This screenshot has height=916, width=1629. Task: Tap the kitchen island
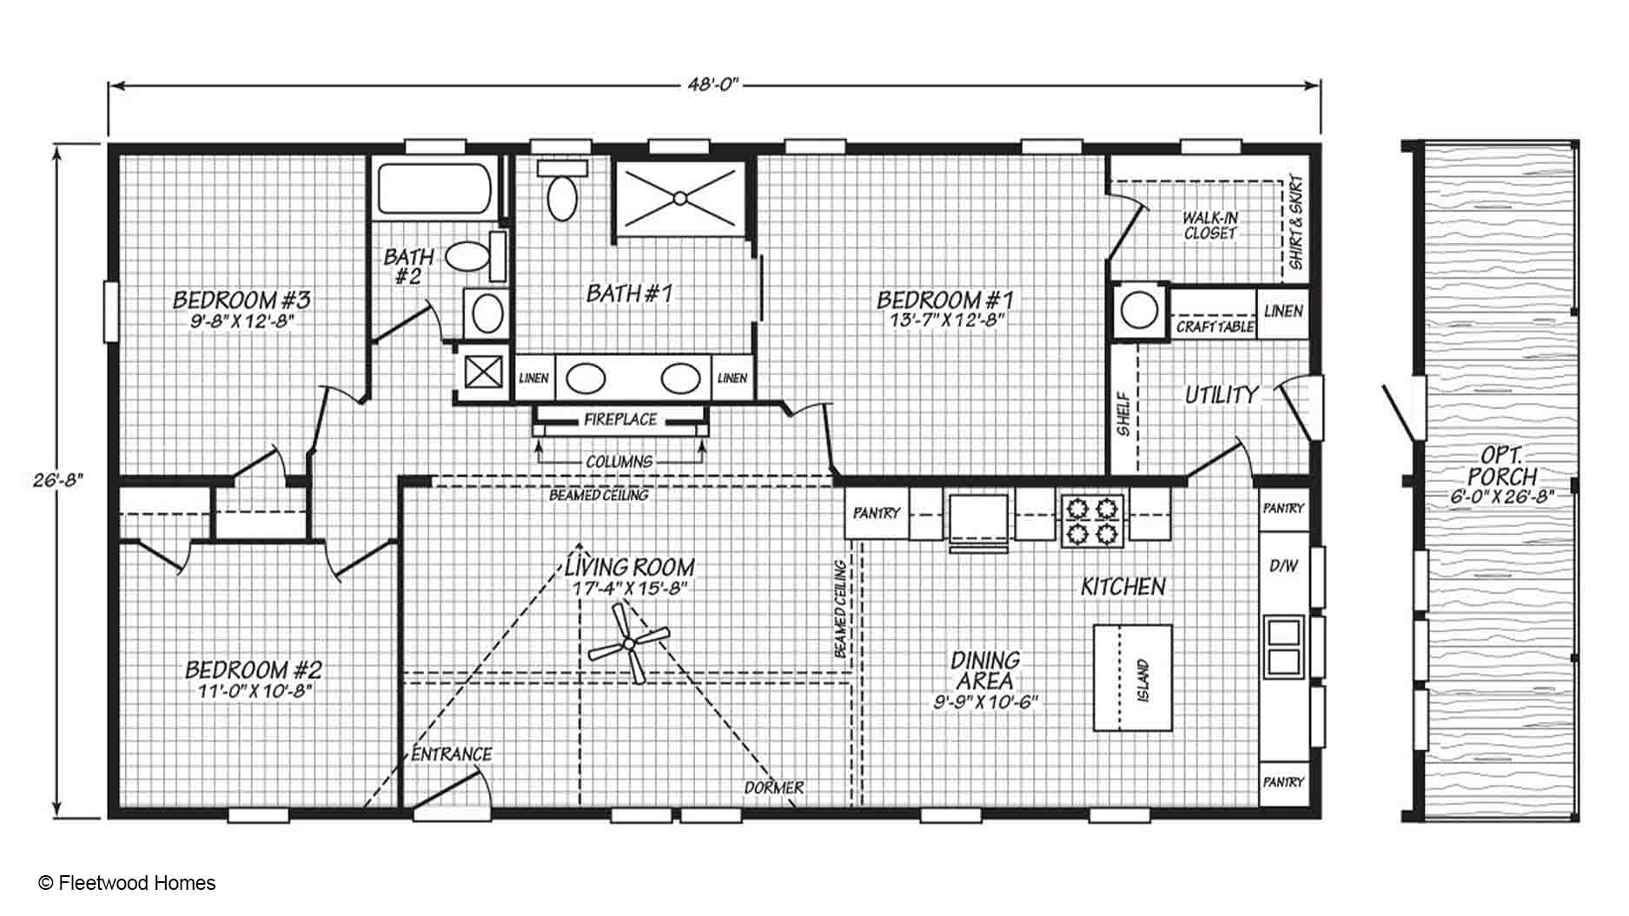1132,678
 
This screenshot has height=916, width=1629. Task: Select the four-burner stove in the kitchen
1092,519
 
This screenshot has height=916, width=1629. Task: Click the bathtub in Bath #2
434,188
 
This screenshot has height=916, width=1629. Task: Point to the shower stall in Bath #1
680,199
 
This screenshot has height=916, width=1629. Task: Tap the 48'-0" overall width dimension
713,85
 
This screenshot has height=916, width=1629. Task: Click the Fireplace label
620,420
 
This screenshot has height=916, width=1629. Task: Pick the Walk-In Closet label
1209,226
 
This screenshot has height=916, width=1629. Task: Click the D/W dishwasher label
1283,566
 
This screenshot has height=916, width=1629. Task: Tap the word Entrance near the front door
452,755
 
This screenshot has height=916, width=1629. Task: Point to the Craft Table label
1215,327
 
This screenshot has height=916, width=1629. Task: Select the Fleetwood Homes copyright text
127,883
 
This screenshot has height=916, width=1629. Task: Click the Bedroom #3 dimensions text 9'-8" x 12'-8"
242,320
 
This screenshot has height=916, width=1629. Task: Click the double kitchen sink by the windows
1284,646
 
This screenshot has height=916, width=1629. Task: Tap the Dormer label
774,787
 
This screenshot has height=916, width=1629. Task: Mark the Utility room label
1222,396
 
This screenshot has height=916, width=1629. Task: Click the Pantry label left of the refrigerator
877,513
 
